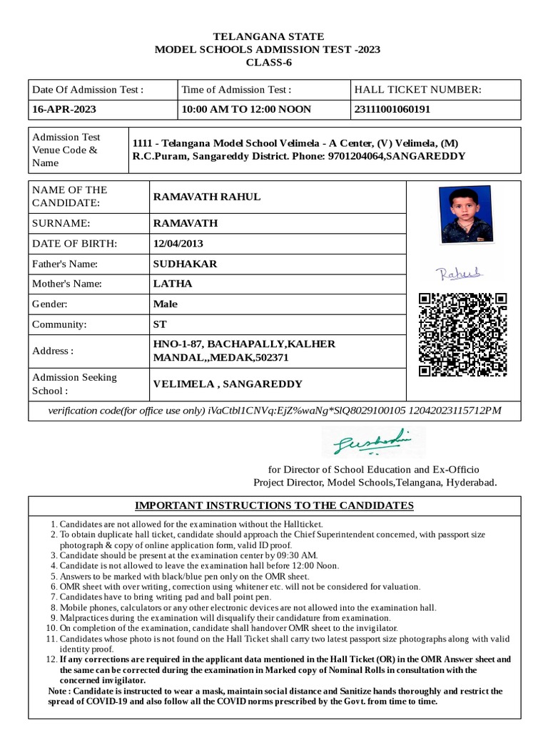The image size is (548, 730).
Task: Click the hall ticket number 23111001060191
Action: tap(392, 110)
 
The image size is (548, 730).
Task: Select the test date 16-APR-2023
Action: tap(64, 110)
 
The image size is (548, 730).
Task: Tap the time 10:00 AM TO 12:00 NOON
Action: tap(246, 110)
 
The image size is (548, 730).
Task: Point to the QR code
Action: tap(462, 334)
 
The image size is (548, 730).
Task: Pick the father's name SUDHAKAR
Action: tap(185, 264)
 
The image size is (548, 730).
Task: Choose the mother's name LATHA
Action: tap(173, 284)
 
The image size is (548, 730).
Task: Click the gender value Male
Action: tap(166, 304)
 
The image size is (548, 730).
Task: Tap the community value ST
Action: tap(160, 324)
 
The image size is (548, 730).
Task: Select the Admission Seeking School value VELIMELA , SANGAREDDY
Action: tap(228, 384)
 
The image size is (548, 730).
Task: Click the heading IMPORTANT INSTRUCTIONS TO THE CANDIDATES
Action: tap(274, 505)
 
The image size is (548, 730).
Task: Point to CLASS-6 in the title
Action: tap(269, 63)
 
